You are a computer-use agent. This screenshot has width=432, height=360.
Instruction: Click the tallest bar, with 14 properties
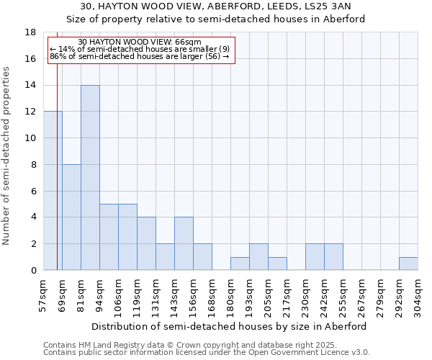click(x=90, y=178)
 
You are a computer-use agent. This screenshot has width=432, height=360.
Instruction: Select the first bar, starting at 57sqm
click(x=53, y=191)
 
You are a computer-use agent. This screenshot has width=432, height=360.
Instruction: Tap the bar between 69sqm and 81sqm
click(x=71, y=217)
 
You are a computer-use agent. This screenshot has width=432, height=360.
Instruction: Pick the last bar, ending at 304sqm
click(x=408, y=264)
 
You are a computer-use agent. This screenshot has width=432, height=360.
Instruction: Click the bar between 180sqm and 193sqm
click(x=240, y=264)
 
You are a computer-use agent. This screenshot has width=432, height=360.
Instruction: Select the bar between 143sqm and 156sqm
click(x=184, y=243)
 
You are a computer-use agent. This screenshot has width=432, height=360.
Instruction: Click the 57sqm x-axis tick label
click(x=44, y=295)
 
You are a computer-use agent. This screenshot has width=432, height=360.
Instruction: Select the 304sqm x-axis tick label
click(x=418, y=295)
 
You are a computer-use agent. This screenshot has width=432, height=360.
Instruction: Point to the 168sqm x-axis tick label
click(x=212, y=295)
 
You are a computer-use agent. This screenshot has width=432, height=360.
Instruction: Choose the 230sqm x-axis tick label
click(x=306, y=295)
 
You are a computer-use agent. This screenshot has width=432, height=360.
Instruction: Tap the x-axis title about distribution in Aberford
click(x=229, y=326)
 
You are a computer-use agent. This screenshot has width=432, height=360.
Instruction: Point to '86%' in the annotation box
click(x=58, y=56)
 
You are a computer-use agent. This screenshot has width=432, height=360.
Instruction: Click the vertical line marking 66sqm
click(x=57, y=158)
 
